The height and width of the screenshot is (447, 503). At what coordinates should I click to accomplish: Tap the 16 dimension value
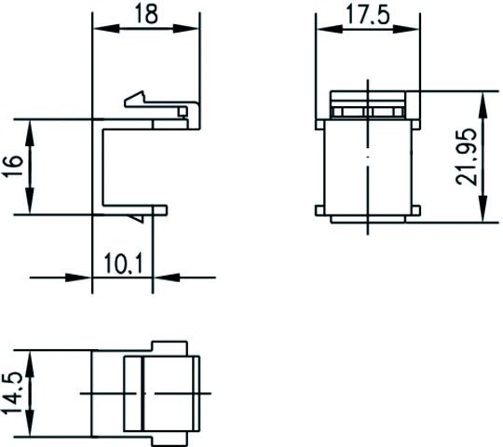point(12,167)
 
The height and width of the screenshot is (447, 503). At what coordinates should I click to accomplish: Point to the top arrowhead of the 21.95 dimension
point(483,102)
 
